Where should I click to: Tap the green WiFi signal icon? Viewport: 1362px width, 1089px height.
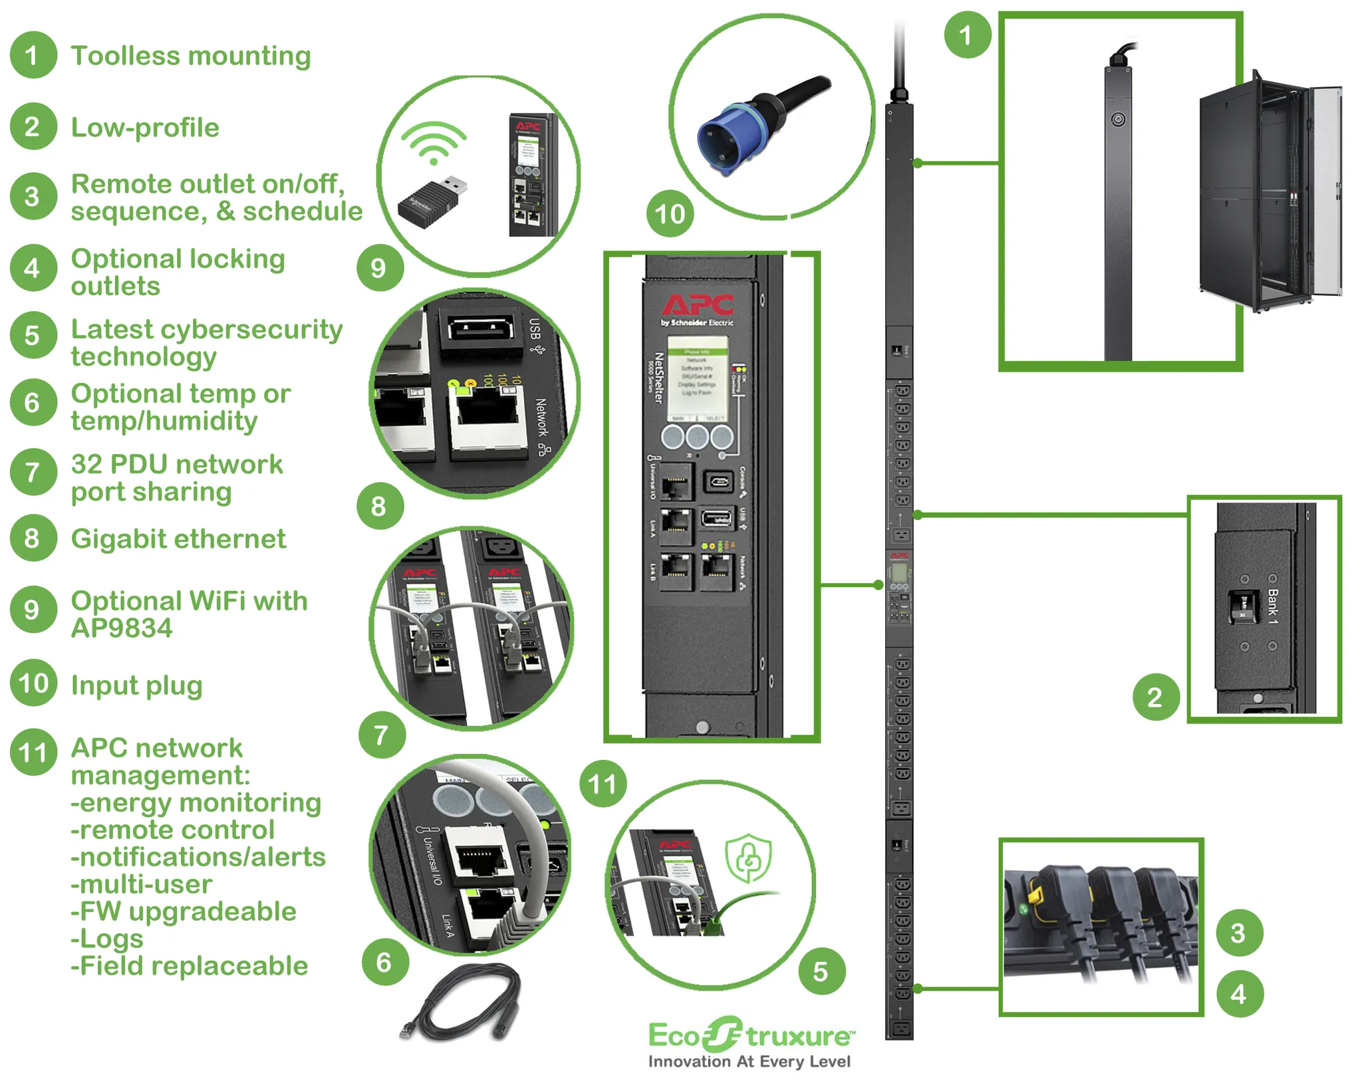point(434,143)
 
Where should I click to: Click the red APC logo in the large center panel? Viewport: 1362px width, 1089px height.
point(698,305)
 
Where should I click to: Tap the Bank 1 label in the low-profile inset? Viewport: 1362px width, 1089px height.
point(1272,606)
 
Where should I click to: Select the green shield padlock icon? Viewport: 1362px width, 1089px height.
point(748,858)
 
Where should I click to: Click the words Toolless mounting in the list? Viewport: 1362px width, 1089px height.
point(191,56)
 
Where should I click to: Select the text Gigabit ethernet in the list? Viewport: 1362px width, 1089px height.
point(178,539)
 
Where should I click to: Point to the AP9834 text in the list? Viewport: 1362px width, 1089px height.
point(122,628)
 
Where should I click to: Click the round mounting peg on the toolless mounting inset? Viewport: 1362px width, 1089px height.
point(1118,120)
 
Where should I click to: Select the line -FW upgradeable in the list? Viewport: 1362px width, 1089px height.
point(184,911)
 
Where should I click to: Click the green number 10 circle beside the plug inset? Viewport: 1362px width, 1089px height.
point(670,214)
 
